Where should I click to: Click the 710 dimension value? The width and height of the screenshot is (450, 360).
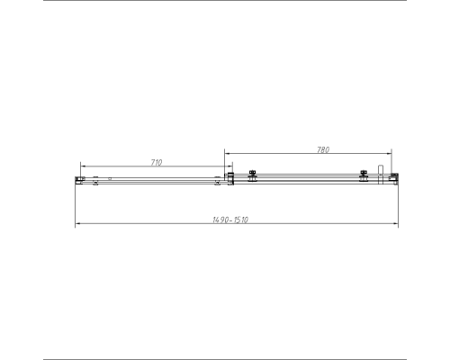156,162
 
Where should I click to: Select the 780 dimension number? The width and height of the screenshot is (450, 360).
323,149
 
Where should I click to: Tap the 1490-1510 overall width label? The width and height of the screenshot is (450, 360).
231,220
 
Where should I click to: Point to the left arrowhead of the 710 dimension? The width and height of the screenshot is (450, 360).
82,166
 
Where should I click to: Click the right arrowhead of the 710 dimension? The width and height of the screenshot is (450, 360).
222,166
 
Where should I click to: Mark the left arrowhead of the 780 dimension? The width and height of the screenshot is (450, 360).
226,154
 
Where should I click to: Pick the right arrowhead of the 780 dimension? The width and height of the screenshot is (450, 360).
391,154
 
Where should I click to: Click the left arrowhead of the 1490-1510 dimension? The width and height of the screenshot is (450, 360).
76,224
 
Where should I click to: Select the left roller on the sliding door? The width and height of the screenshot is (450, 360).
253,176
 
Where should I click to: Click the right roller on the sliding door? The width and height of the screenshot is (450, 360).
364,176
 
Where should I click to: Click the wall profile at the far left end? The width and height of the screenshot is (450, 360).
79,180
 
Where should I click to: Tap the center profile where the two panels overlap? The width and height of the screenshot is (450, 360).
230,179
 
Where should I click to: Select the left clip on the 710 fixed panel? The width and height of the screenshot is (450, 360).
94,180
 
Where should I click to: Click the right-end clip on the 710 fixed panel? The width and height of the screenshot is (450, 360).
217,182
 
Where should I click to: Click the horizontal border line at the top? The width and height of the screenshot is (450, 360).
225,2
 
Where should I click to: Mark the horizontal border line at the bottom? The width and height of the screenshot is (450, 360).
225,358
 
